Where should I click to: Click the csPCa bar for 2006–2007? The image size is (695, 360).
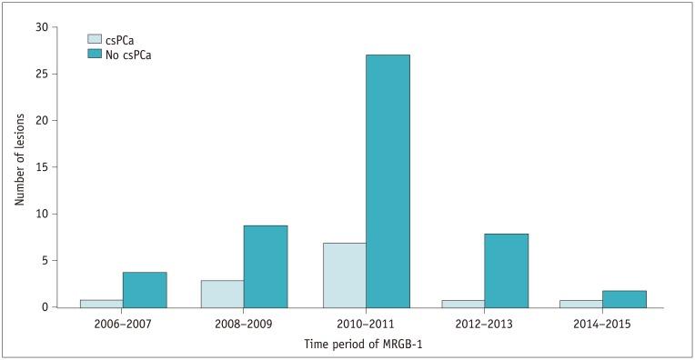101,304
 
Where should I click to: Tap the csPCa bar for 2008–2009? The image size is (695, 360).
222,294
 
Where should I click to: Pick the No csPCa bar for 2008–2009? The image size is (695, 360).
266,266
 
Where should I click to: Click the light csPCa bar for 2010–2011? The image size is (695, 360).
344,275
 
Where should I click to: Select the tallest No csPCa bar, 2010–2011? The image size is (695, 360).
388,181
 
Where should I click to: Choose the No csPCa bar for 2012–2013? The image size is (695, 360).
507,271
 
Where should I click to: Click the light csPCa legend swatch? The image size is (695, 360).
94,39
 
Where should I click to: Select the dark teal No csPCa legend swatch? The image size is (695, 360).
94,55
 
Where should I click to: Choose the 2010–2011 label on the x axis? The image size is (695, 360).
366,324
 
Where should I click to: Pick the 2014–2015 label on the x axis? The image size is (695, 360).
606,324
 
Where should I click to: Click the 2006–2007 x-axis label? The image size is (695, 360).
123,324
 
